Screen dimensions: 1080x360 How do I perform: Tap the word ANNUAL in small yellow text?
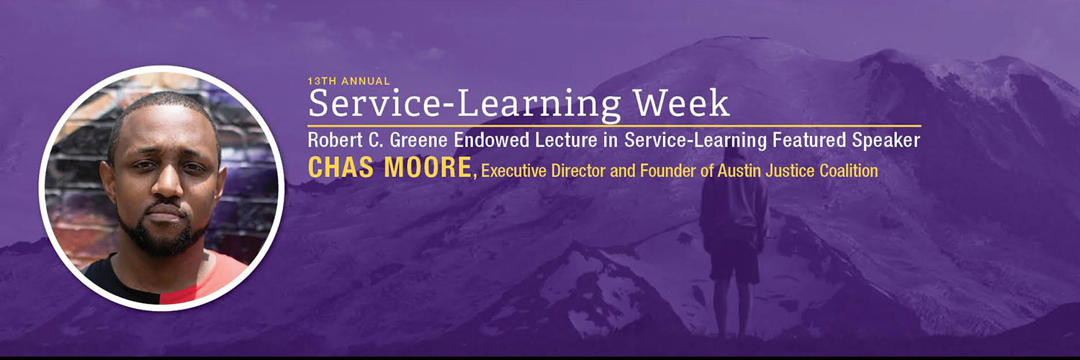(366, 81)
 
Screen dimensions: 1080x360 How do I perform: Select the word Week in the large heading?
(681, 104)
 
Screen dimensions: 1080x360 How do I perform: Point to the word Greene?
(420, 140)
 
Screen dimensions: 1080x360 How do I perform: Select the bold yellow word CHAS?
(341, 167)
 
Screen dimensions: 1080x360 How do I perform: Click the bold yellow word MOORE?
(428, 167)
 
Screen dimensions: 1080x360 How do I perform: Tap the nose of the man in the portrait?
(166, 181)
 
